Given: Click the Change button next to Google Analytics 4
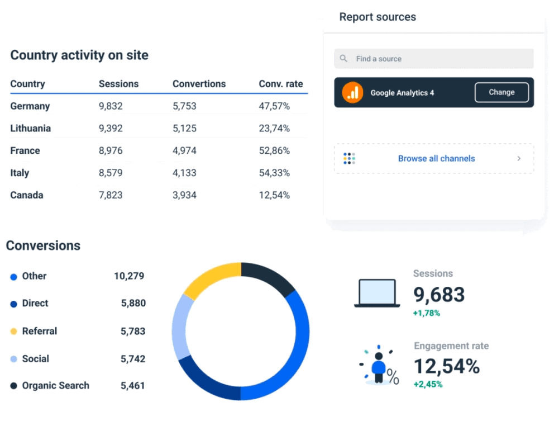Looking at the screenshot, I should (x=501, y=92).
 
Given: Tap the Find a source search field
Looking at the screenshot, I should (x=433, y=59).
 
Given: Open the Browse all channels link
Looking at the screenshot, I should (x=436, y=159).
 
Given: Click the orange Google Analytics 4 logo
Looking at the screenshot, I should (x=352, y=92).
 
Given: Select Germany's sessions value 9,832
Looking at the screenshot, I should (x=111, y=106).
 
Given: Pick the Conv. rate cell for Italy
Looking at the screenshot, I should (x=274, y=173).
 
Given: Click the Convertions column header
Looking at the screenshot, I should (x=199, y=84).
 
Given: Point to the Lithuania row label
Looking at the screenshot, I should (x=30, y=129).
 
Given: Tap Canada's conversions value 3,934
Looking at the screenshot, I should (x=184, y=196).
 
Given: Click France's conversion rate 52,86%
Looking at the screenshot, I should (x=274, y=151).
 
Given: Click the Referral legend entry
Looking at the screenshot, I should (x=39, y=331).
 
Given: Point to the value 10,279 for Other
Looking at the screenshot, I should (x=129, y=276).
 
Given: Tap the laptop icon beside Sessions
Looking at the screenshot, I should (x=377, y=293).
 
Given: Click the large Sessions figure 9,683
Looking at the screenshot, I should (x=438, y=295).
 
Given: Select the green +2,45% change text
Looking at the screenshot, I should (x=428, y=384).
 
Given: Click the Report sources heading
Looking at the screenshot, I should (x=378, y=17).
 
